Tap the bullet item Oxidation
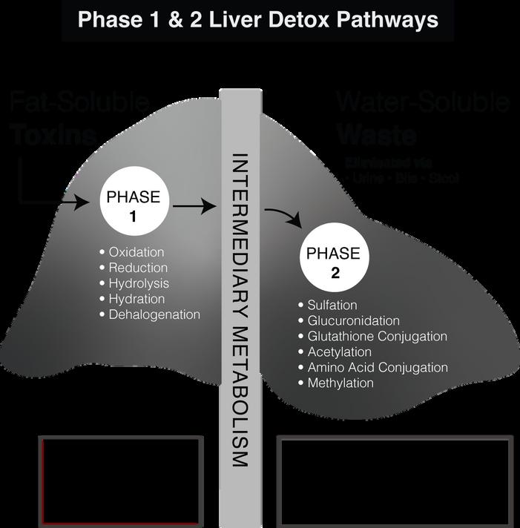(x=136, y=252)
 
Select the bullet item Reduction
(x=137, y=268)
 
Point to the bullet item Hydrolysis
(x=138, y=283)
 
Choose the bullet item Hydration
(x=136, y=299)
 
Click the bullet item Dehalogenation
(x=154, y=314)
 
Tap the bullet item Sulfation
(x=332, y=306)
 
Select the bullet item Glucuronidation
(x=353, y=321)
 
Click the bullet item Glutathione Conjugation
(x=377, y=337)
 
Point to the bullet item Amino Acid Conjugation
(x=377, y=368)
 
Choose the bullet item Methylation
(x=340, y=383)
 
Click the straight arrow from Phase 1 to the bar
(x=193, y=208)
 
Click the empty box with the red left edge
(x=121, y=481)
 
